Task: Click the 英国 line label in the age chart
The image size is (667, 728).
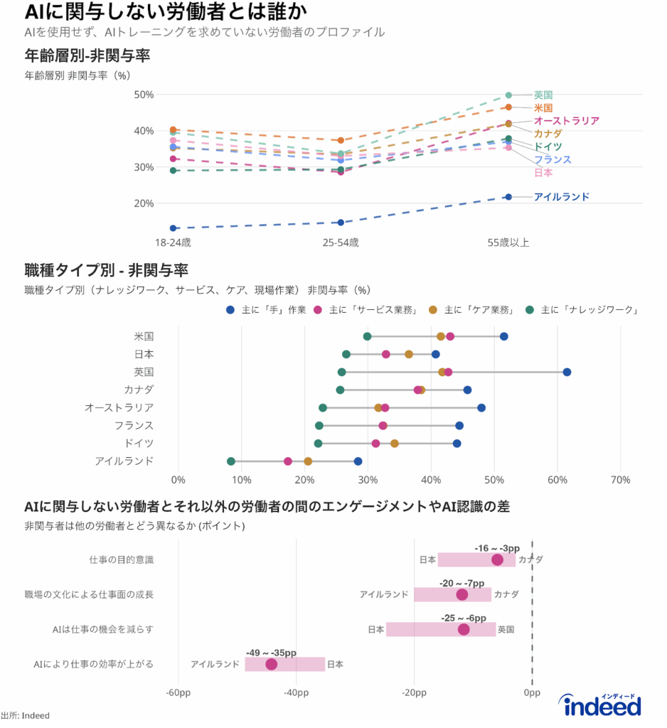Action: pos(543,95)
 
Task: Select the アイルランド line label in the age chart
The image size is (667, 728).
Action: pos(561,197)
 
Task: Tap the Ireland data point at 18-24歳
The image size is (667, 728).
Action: pos(173,228)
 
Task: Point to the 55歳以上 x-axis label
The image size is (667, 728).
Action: pos(508,242)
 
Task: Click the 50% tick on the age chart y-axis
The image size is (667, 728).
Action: pos(144,95)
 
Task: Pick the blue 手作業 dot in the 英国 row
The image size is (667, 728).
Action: pos(567,372)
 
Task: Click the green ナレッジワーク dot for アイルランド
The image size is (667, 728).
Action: pos(231,461)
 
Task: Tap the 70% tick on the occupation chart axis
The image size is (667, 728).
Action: pos(620,480)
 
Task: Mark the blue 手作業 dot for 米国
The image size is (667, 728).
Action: pos(504,336)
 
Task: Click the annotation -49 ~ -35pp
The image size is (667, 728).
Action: pos(271,652)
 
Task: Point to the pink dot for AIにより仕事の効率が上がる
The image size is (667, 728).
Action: pos(271,664)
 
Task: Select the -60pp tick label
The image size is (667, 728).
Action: pos(178,693)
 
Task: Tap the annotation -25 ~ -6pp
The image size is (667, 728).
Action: pos(464,617)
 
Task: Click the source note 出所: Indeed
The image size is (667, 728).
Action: pos(25,715)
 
